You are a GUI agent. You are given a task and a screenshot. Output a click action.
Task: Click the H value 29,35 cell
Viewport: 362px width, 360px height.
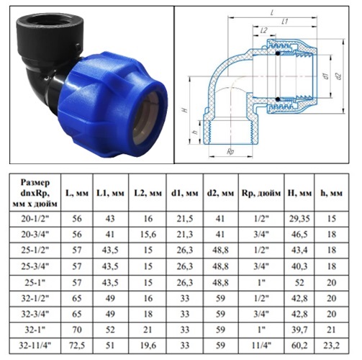(299, 219)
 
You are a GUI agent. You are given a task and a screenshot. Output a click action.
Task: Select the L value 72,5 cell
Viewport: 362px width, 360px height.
(77, 346)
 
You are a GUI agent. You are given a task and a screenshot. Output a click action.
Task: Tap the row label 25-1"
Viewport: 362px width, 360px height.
(35, 282)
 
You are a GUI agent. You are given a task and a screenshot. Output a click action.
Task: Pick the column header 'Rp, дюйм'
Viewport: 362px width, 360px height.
(261, 193)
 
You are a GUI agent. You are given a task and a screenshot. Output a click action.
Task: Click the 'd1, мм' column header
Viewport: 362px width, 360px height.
(184, 193)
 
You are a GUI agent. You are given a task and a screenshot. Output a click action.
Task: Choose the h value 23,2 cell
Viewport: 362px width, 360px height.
(331, 346)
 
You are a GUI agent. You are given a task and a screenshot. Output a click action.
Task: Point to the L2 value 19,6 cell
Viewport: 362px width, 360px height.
(147, 346)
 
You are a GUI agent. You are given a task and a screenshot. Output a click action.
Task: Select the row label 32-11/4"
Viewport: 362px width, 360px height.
(35, 346)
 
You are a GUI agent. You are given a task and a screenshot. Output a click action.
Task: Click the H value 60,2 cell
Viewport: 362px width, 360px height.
(299, 346)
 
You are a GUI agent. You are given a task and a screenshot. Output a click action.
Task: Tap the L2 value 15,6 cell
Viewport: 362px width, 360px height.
(147, 235)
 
